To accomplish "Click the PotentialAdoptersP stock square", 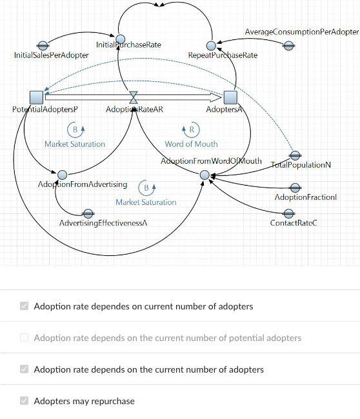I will point(36,97).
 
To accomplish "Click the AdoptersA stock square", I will point(230,97).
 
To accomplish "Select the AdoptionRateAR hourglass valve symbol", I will point(134,97).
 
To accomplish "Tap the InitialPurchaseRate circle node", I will point(120,39).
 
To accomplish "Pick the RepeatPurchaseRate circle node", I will point(210,45).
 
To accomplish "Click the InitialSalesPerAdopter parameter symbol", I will point(43,45).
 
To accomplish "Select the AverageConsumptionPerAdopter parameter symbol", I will point(289,45).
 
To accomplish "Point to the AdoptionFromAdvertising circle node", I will point(62,175).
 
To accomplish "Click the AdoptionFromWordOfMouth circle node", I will point(205,175).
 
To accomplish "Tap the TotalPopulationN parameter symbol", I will point(295,155).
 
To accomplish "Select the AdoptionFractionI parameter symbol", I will point(295,188).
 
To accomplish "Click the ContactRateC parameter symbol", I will point(289,213).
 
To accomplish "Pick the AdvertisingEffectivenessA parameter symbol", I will point(88,213).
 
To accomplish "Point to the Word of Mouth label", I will point(191,144).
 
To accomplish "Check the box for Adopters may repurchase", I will point(25,401).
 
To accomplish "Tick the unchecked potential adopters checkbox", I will point(25,338).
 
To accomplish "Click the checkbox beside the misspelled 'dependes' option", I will point(25,306).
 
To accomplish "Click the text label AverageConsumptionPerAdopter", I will point(301,32).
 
